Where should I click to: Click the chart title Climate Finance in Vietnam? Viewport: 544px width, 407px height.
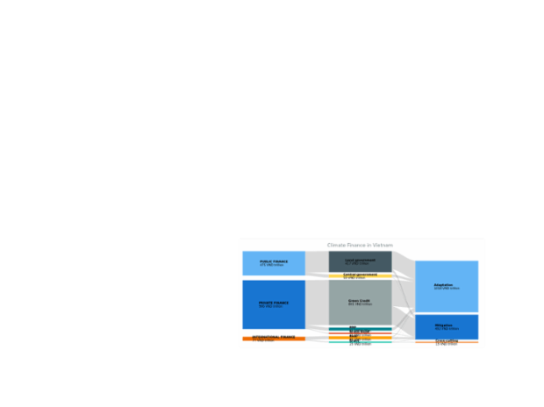(x=360, y=245)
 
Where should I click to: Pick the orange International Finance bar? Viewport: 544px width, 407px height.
(x=274, y=338)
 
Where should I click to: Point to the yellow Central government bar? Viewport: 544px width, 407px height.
(x=360, y=275)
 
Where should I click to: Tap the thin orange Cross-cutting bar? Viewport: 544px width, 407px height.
(x=447, y=342)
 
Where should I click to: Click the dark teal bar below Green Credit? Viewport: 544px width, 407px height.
(x=360, y=328)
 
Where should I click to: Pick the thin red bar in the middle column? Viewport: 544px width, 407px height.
(x=360, y=332)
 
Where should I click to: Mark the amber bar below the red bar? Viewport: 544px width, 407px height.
(x=360, y=335)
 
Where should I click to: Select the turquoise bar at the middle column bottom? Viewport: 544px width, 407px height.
(x=360, y=342)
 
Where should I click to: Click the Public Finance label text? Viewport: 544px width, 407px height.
(x=273, y=261)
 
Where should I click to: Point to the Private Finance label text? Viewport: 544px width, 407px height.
(x=273, y=303)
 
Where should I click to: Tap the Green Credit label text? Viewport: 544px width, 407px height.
(x=359, y=301)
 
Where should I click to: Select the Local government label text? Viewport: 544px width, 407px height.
(x=360, y=260)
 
